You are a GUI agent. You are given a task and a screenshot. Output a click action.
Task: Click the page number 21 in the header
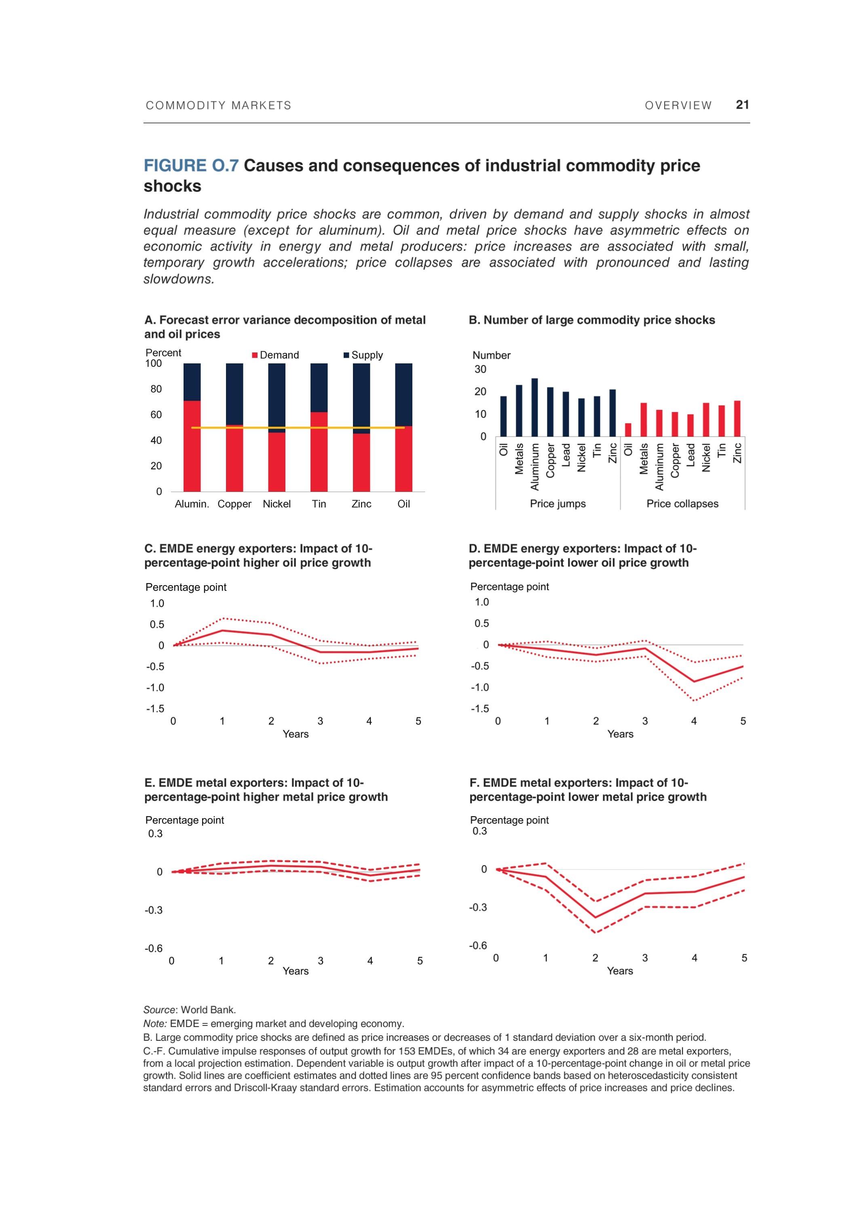click(742, 105)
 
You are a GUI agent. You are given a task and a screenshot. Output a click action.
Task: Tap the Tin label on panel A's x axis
click(319, 504)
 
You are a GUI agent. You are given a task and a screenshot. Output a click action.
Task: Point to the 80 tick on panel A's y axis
click(156, 389)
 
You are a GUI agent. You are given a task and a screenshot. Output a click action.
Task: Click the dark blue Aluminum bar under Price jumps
click(534, 407)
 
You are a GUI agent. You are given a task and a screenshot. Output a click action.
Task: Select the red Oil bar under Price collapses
click(627, 429)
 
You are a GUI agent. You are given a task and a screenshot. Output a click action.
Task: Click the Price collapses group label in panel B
click(682, 503)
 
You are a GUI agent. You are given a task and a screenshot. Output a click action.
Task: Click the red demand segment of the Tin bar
click(319, 452)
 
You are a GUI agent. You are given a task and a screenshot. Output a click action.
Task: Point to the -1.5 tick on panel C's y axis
click(155, 709)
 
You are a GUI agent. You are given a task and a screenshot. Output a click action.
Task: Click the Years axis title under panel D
click(620, 734)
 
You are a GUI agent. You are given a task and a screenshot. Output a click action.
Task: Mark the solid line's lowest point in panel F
click(596, 917)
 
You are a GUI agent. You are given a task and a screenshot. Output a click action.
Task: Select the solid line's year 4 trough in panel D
click(694, 681)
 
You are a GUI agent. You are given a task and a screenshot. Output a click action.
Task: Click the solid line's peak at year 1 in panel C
click(222, 630)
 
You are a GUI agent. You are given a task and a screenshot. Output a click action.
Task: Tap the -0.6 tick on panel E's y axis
click(154, 948)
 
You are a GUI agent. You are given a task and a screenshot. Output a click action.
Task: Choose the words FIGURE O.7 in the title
click(191, 166)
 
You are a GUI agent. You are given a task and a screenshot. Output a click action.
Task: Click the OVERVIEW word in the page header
click(678, 105)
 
